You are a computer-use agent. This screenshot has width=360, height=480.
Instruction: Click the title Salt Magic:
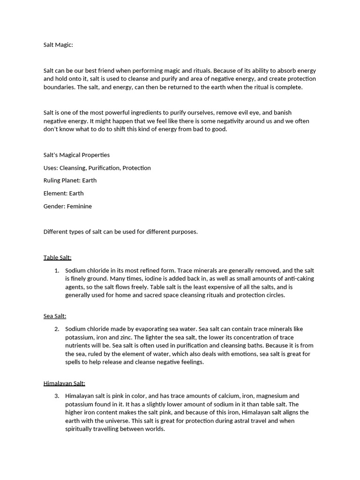click(x=58, y=45)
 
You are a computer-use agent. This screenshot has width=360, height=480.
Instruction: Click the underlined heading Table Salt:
click(x=57, y=257)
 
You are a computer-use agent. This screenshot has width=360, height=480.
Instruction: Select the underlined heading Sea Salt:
click(x=55, y=316)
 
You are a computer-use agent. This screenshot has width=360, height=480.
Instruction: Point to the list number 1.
click(x=56, y=270)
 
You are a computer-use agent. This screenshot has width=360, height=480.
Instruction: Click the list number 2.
click(x=56, y=329)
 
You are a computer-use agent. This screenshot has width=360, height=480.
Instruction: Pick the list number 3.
click(x=56, y=396)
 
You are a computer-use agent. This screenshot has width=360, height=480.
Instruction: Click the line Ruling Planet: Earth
click(x=70, y=180)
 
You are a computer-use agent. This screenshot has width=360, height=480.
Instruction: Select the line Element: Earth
click(x=63, y=193)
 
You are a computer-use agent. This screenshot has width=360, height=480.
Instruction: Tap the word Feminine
click(x=79, y=206)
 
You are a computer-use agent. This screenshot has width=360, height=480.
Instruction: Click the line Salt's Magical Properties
click(x=76, y=155)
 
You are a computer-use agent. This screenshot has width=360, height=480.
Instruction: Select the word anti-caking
click(x=298, y=279)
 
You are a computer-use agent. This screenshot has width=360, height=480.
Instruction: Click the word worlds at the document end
click(x=153, y=429)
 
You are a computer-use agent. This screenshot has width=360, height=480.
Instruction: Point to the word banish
click(x=282, y=112)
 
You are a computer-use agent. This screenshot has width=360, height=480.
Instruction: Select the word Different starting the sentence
click(x=57, y=232)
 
